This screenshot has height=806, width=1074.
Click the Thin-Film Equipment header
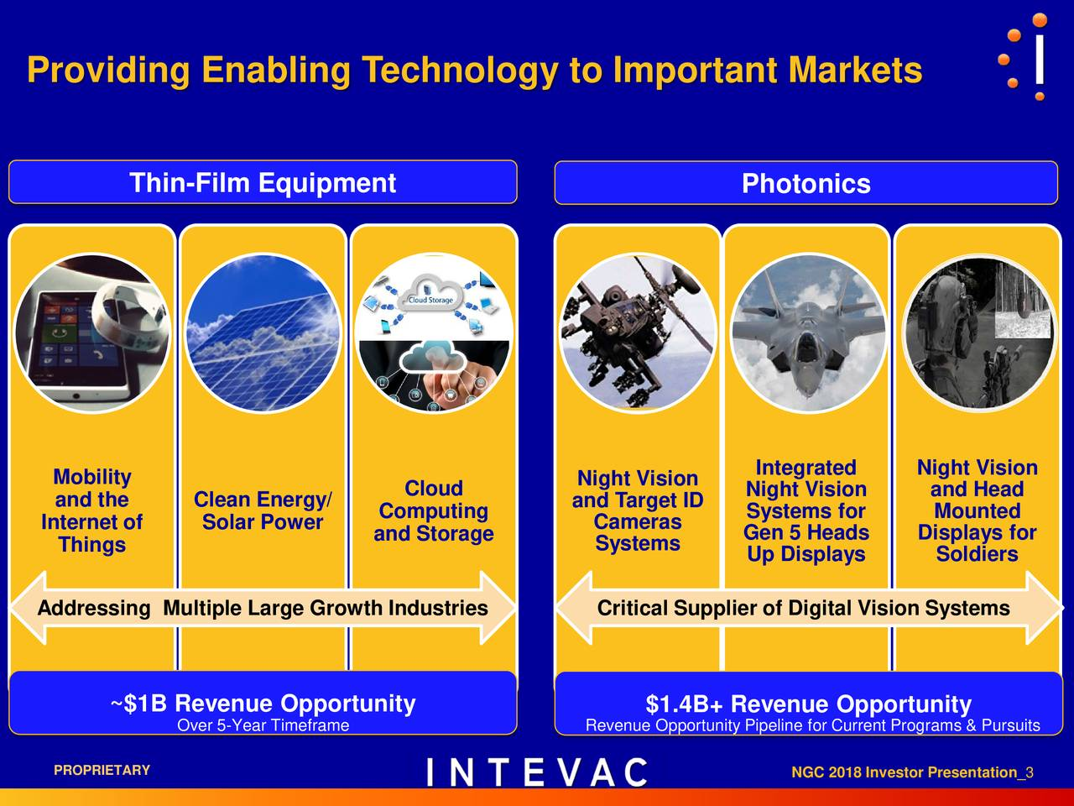(x=263, y=182)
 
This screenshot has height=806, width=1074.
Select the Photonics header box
(x=805, y=183)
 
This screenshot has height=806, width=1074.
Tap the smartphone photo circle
(x=91, y=333)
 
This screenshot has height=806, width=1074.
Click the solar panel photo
(x=263, y=333)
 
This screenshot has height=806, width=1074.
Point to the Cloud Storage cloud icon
(x=430, y=293)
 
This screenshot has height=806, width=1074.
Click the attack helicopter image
(x=638, y=333)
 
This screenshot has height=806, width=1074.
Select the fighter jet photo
(x=807, y=333)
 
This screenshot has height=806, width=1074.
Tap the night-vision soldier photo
(x=978, y=333)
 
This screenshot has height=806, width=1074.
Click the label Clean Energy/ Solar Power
(x=263, y=510)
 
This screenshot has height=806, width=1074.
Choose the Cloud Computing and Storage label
(x=434, y=510)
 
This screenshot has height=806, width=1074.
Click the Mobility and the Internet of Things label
(x=92, y=510)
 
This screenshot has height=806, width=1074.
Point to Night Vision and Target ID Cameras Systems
(x=638, y=510)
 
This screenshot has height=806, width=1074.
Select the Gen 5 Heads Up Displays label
(x=806, y=543)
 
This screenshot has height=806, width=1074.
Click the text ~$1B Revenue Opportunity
(x=263, y=704)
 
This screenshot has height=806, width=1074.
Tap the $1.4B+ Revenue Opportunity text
(x=808, y=704)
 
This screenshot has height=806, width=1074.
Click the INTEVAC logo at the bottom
(x=537, y=772)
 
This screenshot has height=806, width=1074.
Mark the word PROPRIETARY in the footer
(x=102, y=770)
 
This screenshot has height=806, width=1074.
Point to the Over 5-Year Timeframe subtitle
(x=263, y=725)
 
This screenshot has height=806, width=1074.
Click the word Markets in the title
(x=855, y=70)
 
